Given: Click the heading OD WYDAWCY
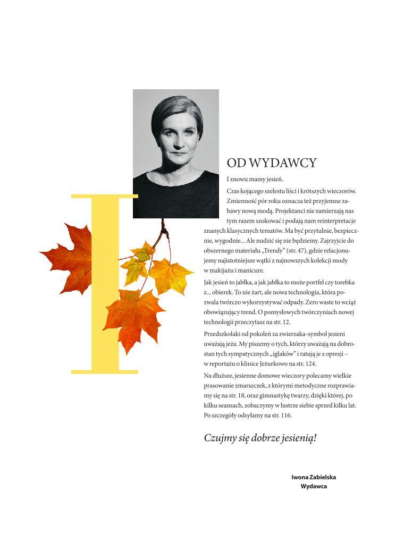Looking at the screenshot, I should pos(271,163).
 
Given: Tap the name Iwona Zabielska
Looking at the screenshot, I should pos(314,477).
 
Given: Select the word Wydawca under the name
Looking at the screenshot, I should pos(314,486).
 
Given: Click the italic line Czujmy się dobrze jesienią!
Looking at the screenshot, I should pos(260,438).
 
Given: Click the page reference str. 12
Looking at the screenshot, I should pos(295,322).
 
